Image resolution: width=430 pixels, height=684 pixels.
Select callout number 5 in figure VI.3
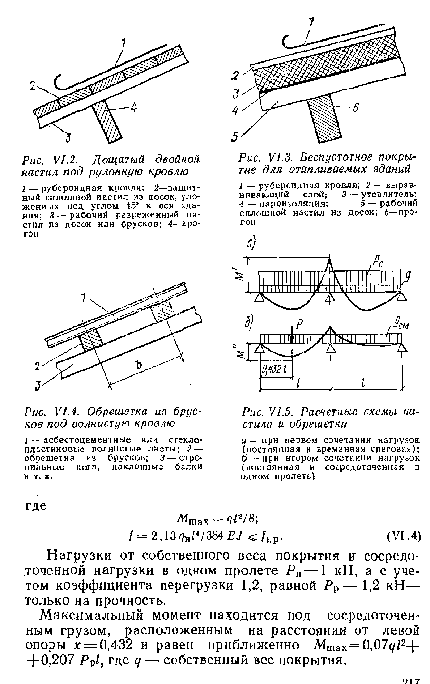click(x=235, y=138)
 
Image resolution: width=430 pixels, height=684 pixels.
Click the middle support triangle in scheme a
click(x=329, y=297)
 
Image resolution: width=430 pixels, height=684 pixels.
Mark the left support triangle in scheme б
click(x=260, y=348)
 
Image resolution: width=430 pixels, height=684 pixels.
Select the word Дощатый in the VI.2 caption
click(x=117, y=159)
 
